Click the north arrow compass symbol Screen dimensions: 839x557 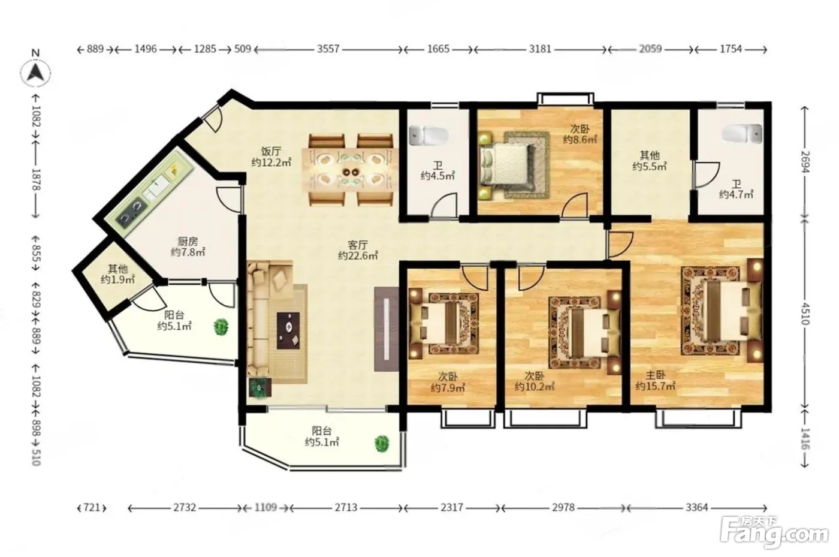[x=35, y=73]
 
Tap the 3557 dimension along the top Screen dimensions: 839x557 [x=328, y=49]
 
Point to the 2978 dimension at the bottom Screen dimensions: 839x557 [x=563, y=507]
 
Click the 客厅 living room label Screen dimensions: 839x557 [x=358, y=245]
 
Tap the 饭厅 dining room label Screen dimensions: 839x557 [x=271, y=152]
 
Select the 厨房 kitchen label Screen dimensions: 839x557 [x=188, y=242]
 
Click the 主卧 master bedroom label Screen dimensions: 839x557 [x=656, y=375]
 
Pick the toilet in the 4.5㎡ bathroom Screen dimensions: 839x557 [x=428, y=135]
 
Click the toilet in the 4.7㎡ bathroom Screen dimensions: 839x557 [x=743, y=134]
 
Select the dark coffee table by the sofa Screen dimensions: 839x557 [x=288, y=330]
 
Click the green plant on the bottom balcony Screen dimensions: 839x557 [x=382, y=444]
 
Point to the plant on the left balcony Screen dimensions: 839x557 [x=221, y=327]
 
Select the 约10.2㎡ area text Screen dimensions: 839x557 [x=535, y=387]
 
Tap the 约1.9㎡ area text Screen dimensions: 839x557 [x=117, y=279]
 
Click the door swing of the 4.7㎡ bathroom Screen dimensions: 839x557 [x=707, y=174]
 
